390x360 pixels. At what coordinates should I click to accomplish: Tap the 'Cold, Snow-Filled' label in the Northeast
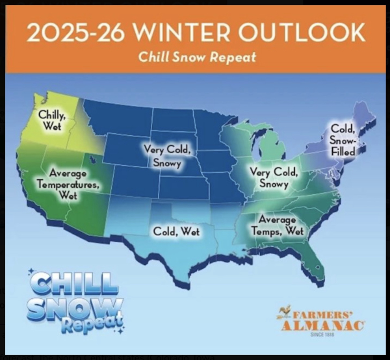coord(343,140)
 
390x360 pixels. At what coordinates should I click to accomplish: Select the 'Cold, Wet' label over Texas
coord(176,231)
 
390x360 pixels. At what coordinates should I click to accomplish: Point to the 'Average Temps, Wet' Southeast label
coord(278,225)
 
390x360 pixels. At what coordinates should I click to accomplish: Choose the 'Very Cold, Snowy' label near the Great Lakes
coord(274,177)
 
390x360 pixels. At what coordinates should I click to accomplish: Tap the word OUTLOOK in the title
coord(302,32)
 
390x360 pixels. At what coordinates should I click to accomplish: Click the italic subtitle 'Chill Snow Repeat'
coord(197,57)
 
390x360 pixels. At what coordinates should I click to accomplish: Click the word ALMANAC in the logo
coord(324,326)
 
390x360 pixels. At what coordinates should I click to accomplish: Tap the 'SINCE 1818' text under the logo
coord(322,335)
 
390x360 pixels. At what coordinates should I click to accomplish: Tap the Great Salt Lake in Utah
coord(93,159)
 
